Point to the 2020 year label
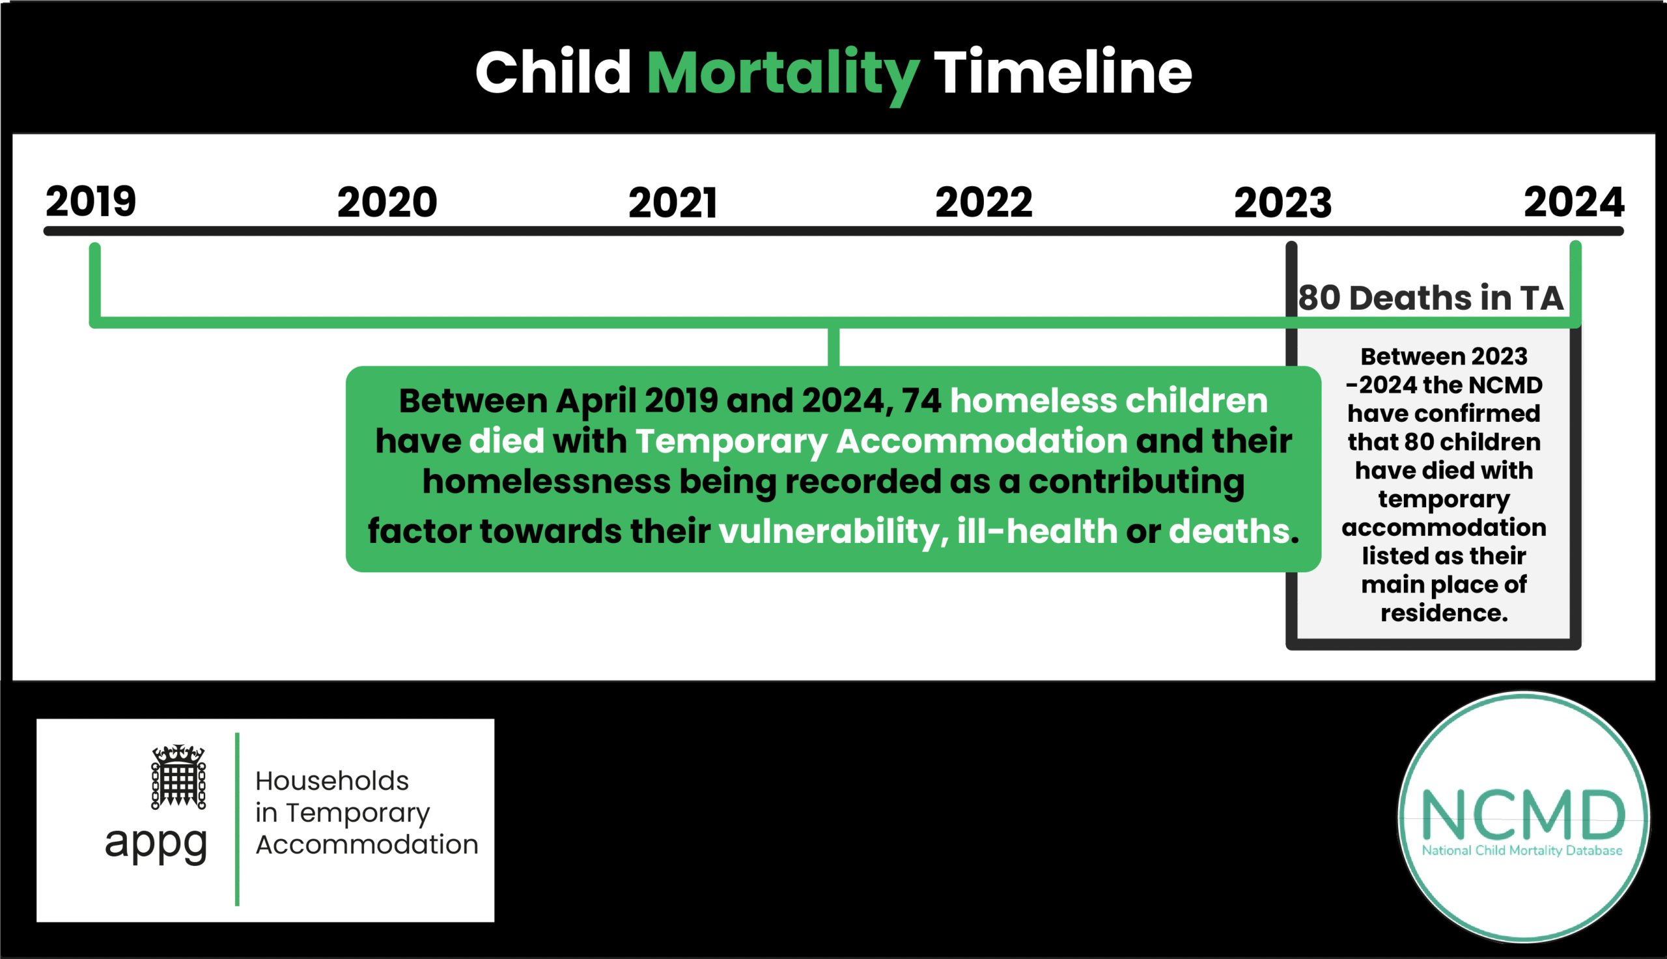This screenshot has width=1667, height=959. coord(387,202)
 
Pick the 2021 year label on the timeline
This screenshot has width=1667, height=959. coord(673,203)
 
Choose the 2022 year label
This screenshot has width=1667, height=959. coord(983,202)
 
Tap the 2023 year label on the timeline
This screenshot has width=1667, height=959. coord(1282,203)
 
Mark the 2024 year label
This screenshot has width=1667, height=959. coord(1573,202)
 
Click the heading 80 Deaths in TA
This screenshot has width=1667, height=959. coord(1430,298)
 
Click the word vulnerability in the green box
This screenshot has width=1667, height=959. coord(828,531)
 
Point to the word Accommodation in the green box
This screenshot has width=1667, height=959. coord(981,441)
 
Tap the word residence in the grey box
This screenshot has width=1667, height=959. coord(1443,613)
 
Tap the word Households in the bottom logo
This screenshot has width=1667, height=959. coord(332,781)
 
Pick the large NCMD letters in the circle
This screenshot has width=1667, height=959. coord(1522,814)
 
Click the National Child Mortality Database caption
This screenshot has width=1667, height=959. coord(1522,850)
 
